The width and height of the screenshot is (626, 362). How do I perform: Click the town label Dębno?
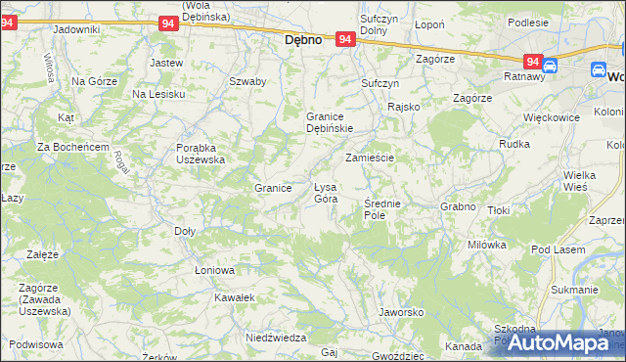click(303, 42)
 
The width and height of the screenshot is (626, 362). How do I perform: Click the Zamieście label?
click(369, 157)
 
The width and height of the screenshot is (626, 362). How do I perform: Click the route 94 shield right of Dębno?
click(345, 39)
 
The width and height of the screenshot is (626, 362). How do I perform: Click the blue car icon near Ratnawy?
click(550, 66)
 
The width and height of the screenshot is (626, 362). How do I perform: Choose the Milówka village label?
click(486, 245)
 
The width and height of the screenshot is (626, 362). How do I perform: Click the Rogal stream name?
click(122, 162)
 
